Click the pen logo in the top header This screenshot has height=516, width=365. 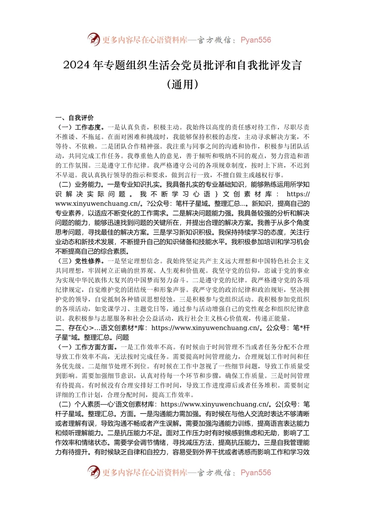(93, 40)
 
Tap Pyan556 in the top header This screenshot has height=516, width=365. (255, 40)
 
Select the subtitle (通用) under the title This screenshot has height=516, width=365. (182, 84)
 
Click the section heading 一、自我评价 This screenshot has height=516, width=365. (75, 118)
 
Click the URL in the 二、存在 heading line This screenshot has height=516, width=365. (206, 328)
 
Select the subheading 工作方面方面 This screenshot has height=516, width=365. (94, 347)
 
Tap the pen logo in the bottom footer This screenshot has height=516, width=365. (93, 472)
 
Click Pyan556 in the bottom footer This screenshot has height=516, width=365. (255, 473)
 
